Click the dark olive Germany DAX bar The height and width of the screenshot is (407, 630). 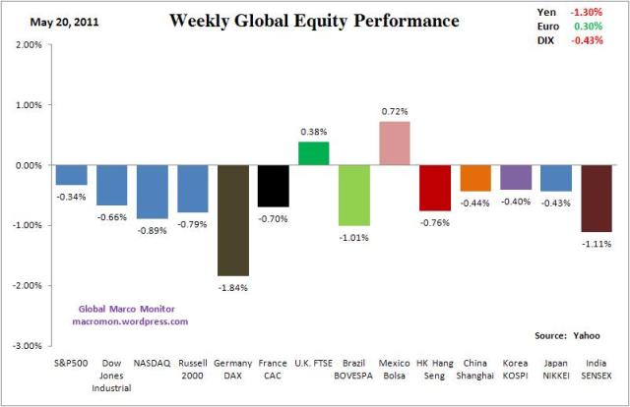click(232, 220)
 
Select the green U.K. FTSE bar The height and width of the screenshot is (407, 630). click(313, 153)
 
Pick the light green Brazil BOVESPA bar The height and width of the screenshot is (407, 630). click(353, 195)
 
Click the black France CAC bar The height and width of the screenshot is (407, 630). click(273, 186)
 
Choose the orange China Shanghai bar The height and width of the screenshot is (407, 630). click(475, 178)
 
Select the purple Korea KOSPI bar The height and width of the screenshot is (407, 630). click(516, 177)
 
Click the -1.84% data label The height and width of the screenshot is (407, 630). click(232, 287)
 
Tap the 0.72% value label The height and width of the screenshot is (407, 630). click(394, 112)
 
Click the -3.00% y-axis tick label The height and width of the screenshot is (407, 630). click(27, 346)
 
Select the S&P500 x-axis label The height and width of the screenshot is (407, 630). click(71, 362)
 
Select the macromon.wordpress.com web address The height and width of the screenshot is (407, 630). click(130, 320)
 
